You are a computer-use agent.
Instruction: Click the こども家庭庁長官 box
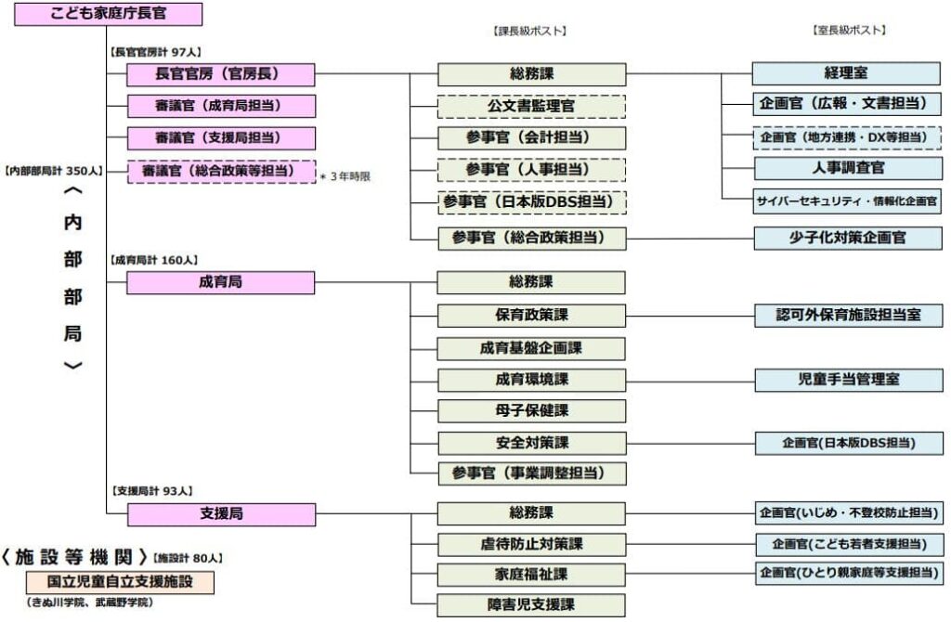pos(109,14)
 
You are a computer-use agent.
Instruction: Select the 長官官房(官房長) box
pos(221,74)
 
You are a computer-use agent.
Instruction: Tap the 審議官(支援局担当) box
pos(221,138)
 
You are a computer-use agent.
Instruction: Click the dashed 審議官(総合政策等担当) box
pos(221,172)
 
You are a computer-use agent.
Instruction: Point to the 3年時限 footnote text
pos(345,176)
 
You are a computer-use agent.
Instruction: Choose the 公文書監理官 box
pos(531,107)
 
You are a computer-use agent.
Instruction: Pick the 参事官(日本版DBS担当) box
pos(532,202)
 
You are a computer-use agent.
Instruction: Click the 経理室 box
pos(846,73)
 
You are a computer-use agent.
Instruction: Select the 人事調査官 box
pos(849,168)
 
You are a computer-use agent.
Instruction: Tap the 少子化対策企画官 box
pos(848,238)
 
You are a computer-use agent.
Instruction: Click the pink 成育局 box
pos(221,282)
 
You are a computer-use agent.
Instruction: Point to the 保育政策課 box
pos(531,316)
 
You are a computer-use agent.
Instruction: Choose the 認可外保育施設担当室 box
pos(849,316)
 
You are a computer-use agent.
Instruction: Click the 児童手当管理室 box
pos(849,380)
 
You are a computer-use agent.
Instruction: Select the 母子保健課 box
pos(532,411)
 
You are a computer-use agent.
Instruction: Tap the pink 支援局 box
pos(221,514)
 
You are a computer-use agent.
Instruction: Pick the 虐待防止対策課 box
pos(532,544)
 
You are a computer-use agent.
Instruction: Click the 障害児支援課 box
pos(531,605)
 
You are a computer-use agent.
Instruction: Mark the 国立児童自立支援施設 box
pos(120,582)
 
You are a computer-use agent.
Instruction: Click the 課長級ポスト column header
pos(529,31)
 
